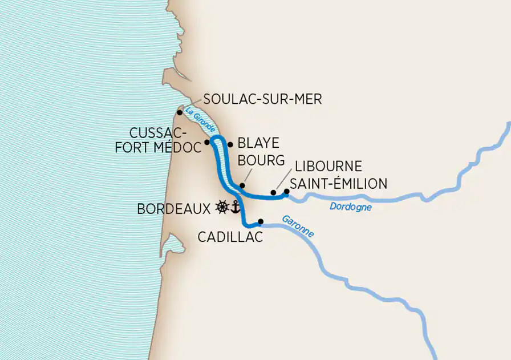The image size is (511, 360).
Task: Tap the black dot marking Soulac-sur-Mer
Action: [180, 112]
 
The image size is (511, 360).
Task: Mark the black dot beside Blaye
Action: [230, 144]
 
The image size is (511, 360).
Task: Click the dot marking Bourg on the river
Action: [242, 185]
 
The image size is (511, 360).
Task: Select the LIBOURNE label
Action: [328, 167]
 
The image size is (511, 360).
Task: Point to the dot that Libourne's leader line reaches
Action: [273, 193]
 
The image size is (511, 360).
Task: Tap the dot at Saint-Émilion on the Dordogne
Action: [286, 192]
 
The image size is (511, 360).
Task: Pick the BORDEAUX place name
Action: [174, 209]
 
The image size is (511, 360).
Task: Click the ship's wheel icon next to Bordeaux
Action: [222, 207]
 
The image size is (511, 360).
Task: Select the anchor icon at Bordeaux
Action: [234, 207]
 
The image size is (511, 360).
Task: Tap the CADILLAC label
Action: [230, 237]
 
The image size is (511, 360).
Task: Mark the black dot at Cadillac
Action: [261, 221]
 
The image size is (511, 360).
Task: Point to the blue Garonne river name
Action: [298, 226]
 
